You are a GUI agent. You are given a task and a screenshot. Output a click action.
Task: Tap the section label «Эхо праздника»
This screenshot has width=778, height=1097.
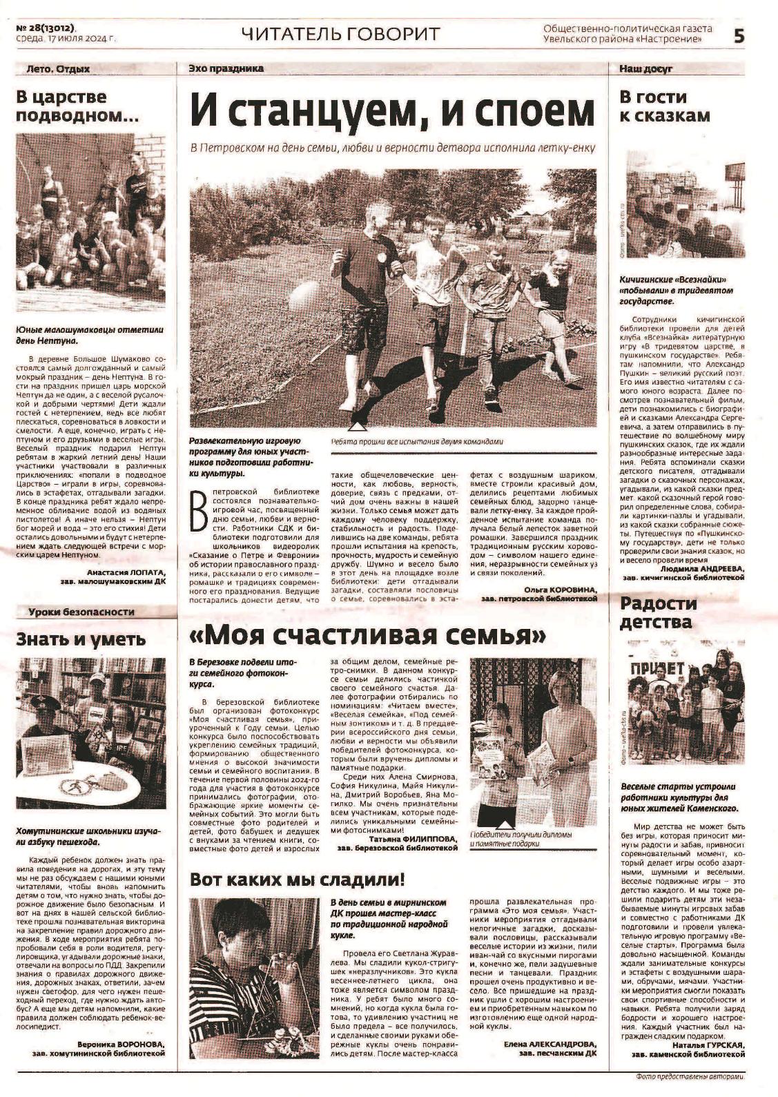pos(226,69)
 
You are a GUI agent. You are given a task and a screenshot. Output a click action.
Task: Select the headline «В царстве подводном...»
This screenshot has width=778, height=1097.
pos(77,106)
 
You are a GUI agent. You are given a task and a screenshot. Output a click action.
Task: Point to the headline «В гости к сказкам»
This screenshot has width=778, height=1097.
pos(663,106)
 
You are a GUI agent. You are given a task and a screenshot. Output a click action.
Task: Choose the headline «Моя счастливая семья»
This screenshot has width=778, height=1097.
pos(369,633)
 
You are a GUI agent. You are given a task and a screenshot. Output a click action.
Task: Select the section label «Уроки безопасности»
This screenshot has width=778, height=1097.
pos(81,612)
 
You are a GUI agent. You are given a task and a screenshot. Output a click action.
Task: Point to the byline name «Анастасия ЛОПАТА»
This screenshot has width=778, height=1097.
pos(126,573)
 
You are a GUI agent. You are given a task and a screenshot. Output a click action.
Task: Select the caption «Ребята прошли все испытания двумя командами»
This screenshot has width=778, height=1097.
pos(417,443)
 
